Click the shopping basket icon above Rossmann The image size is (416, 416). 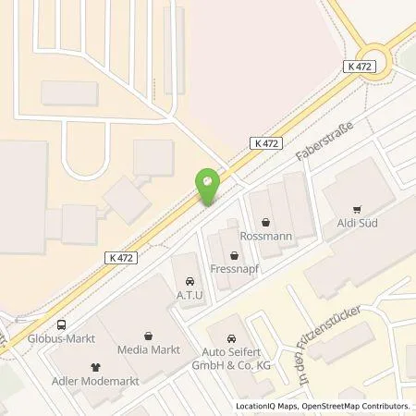266,222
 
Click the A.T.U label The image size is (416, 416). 190,296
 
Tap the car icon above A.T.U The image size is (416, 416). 190,281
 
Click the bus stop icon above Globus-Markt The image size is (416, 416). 60,324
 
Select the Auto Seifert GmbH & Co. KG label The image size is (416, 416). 231,358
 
